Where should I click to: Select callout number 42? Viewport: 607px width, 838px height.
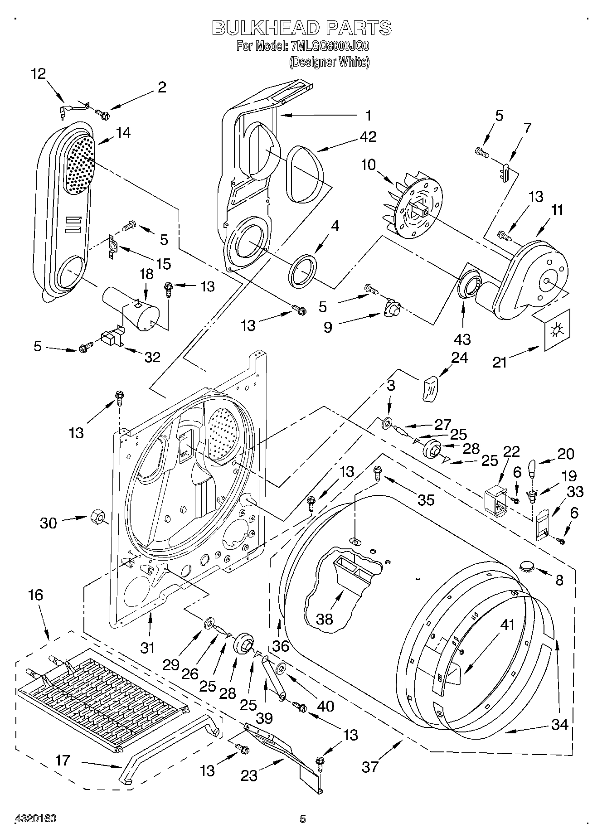click(369, 136)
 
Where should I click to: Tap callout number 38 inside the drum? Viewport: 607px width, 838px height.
click(325, 619)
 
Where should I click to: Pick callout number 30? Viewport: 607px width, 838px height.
click(48, 523)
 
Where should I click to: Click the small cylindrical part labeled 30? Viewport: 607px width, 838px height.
click(97, 517)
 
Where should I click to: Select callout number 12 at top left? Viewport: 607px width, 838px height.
click(38, 73)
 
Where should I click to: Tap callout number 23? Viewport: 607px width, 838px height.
click(249, 776)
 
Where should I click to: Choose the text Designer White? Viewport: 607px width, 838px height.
click(330, 62)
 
